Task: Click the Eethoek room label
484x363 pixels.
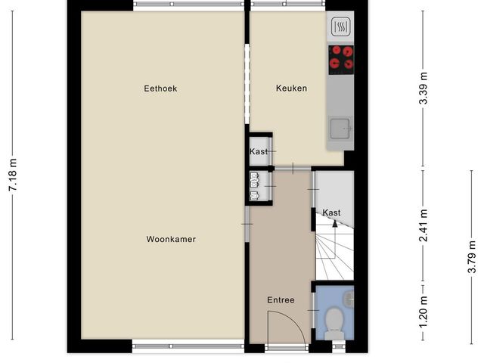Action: [x=160, y=88]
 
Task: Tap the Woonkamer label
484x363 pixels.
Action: [x=171, y=239]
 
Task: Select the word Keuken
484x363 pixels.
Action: [x=291, y=88]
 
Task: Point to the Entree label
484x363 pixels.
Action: [x=281, y=300]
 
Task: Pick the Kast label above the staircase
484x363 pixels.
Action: [x=331, y=213]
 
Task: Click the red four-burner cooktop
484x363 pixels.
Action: [x=341, y=57]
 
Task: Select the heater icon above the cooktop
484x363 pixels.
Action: [x=340, y=28]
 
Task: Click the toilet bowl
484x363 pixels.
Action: [x=333, y=325]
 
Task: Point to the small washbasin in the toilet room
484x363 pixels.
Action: [x=348, y=299]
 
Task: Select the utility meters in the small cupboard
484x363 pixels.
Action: [x=254, y=187]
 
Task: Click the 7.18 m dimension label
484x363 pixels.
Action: [x=13, y=175]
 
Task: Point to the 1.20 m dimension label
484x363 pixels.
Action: [x=423, y=309]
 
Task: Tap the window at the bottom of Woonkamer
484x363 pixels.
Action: [x=188, y=347]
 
